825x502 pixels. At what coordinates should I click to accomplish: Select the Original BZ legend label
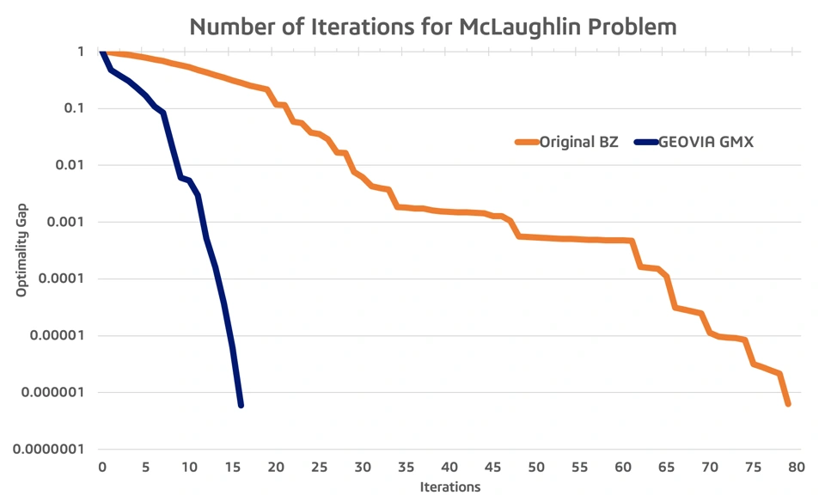click(578, 142)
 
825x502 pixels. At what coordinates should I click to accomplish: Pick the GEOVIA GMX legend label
click(706, 142)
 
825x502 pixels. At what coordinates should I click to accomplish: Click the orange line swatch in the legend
click(527, 142)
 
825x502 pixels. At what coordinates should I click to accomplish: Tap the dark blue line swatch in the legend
click(646, 142)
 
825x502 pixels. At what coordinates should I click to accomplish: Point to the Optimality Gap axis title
click(21, 250)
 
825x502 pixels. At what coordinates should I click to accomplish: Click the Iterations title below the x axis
click(450, 487)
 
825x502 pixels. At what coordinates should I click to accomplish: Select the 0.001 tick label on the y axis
click(65, 222)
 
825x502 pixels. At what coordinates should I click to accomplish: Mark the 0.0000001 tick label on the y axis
click(48, 450)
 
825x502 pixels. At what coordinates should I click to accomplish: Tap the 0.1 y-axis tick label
click(74, 108)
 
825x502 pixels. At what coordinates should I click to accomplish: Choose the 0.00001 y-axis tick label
click(57, 335)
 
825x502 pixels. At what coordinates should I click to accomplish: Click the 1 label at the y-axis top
click(81, 52)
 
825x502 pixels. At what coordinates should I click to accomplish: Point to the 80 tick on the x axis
click(797, 468)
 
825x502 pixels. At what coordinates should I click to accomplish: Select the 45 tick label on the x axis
click(493, 468)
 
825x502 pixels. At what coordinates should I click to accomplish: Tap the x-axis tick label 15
click(233, 468)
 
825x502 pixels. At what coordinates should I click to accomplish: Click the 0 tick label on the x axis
click(102, 468)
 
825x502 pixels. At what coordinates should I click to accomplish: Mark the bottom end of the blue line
click(241, 405)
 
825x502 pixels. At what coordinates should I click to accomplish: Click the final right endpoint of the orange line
click(788, 404)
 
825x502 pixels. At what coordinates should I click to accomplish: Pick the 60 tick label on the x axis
click(623, 468)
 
